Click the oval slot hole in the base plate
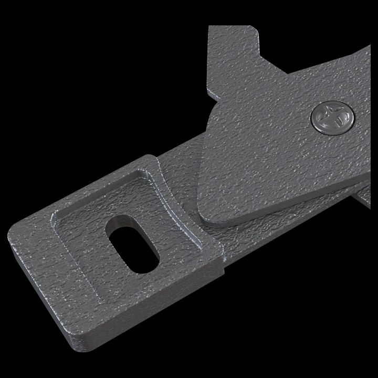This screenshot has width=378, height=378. [x=132, y=245]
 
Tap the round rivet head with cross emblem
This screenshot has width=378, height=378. [x=332, y=118]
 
